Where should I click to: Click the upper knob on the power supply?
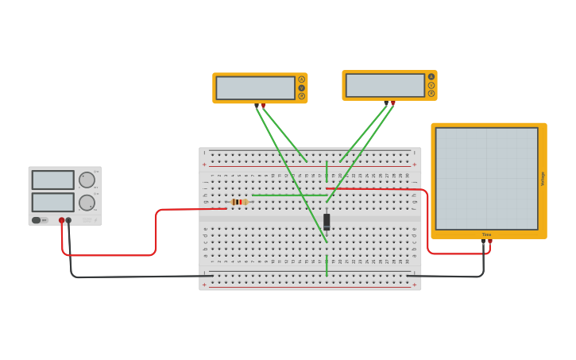pos(87,180)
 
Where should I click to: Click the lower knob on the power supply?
pos(87,203)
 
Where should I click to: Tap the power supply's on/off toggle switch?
pos(37,220)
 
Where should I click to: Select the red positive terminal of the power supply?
pos(61,220)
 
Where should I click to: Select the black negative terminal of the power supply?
pos(68,220)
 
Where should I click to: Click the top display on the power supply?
pos(52,180)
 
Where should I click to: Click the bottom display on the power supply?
pos(52,202)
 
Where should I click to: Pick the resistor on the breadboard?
pos(238,202)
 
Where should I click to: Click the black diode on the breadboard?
pos(327,220)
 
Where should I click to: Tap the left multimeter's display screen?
pos(255,87)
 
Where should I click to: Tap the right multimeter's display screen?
pos(385,85)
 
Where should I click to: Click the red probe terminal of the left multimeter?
pos(263,105)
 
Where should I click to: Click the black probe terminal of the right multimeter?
pos(386,103)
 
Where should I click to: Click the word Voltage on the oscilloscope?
pos(543,179)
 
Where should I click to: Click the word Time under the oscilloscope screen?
pos(486,234)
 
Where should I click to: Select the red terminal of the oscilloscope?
pos(490,241)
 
